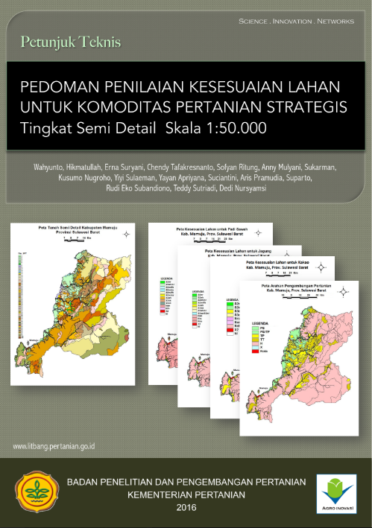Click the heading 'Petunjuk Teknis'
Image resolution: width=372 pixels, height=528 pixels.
coord(72,42)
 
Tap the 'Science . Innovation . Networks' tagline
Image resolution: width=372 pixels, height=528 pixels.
coord(296,22)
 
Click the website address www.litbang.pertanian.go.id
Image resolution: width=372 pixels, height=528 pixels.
coord(59,447)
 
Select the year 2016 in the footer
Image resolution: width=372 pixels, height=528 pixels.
coord(185,507)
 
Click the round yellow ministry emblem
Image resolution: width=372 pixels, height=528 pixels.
coord(36,494)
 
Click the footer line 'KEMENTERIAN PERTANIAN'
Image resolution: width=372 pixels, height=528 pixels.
coord(185,494)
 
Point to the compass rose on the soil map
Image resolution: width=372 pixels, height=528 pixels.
coord(127,235)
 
